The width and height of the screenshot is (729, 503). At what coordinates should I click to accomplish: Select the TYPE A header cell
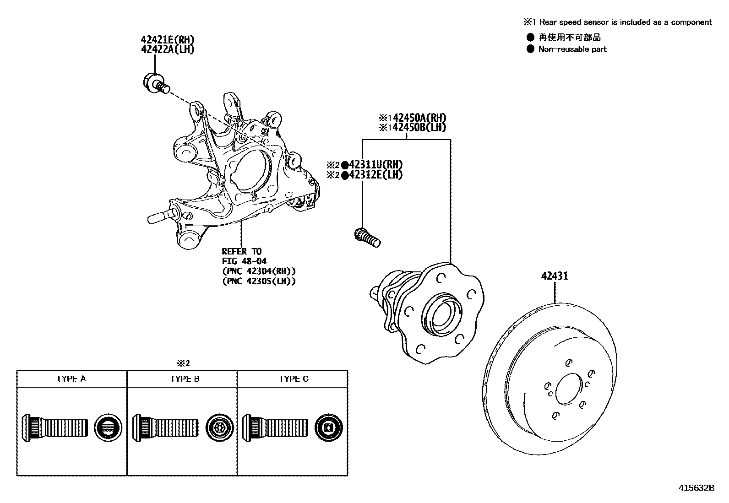71,379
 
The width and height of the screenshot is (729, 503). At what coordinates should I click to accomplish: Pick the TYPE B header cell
182,379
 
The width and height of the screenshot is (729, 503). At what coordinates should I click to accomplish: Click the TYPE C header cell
293,379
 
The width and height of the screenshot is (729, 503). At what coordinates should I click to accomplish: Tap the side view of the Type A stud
54,427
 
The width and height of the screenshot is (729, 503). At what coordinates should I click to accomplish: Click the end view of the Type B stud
218,427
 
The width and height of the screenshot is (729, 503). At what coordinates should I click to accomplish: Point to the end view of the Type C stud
329,427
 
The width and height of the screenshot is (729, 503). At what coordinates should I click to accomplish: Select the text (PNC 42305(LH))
259,281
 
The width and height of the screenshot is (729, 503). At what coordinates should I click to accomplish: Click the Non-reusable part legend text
572,49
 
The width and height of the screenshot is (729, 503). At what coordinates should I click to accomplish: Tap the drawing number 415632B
696,488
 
